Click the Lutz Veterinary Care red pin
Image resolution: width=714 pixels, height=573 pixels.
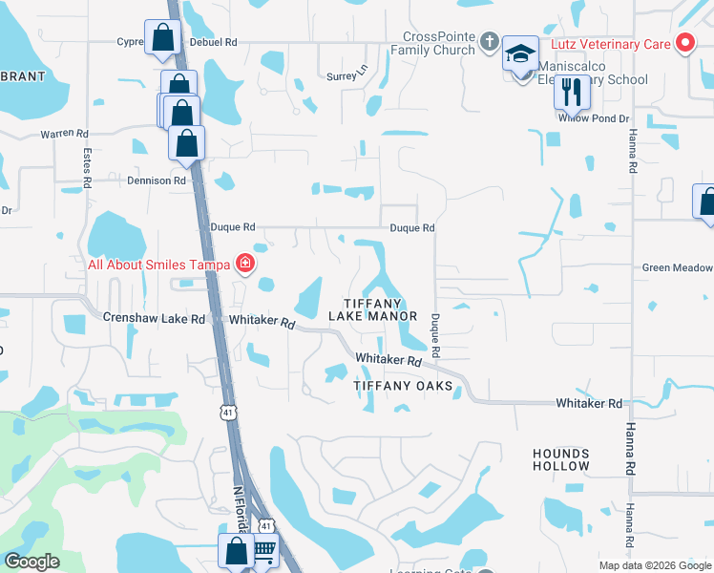pos(684,43)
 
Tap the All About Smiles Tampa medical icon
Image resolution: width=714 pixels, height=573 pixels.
pos(245,264)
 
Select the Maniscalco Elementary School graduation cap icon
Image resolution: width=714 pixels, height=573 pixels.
pos(520,54)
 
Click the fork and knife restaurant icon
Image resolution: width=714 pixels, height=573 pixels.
pos(572,91)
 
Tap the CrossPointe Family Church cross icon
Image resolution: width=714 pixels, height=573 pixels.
pos(489,41)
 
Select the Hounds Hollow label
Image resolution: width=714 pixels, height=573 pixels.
pos(561,459)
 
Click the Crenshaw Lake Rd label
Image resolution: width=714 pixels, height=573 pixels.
pos(154,318)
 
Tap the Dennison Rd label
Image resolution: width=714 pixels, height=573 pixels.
pos(156,180)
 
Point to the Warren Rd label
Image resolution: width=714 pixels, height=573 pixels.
pos(64,134)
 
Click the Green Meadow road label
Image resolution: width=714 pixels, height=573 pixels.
pos(677,268)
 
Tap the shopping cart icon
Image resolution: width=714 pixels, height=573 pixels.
pos(262,552)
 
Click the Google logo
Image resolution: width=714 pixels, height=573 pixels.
pos(31,562)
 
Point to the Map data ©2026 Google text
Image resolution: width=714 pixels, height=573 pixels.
pos(655,565)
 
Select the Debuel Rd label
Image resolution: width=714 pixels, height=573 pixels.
pos(213,42)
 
